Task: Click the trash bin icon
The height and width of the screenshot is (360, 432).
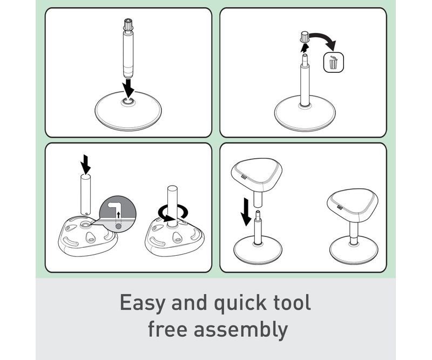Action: click(x=333, y=63)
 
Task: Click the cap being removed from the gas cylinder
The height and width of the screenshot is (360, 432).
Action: click(x=304, y=37)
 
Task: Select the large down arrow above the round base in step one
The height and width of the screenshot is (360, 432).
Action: click(x=128, y=87)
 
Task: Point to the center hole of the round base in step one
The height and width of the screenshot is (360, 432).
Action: click(x=129, y=101)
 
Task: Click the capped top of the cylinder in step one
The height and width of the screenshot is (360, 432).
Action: click(x=128, y=24)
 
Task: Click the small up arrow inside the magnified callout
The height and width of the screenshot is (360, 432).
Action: click(x=118, y=215)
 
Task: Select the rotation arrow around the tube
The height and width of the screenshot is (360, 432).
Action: click(x=173, y=212)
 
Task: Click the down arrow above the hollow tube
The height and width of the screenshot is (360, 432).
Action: click(x=86, y=164)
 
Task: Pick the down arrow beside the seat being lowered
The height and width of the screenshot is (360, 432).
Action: click(x=245, y=212)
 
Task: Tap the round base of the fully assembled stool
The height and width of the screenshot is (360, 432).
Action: click(x=354, y=250)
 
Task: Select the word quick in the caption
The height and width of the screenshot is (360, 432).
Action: click(x=240, y=303)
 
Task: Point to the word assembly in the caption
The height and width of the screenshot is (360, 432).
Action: click(x=241, y=330)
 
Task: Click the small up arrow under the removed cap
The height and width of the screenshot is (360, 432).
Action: click(x=304, y=47)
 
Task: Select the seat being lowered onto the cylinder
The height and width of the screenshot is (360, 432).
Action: click(x=256, y=176)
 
